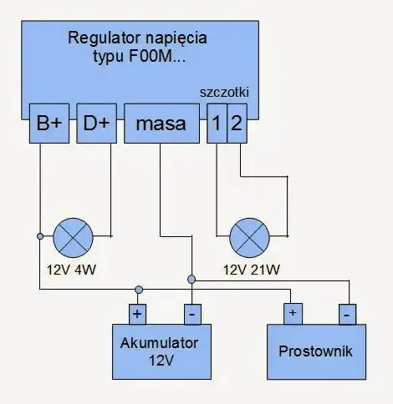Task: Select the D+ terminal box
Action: point(94,124)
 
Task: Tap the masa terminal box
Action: point(162,124)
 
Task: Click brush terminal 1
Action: point(217,124)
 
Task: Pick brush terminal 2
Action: point(237,124)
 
